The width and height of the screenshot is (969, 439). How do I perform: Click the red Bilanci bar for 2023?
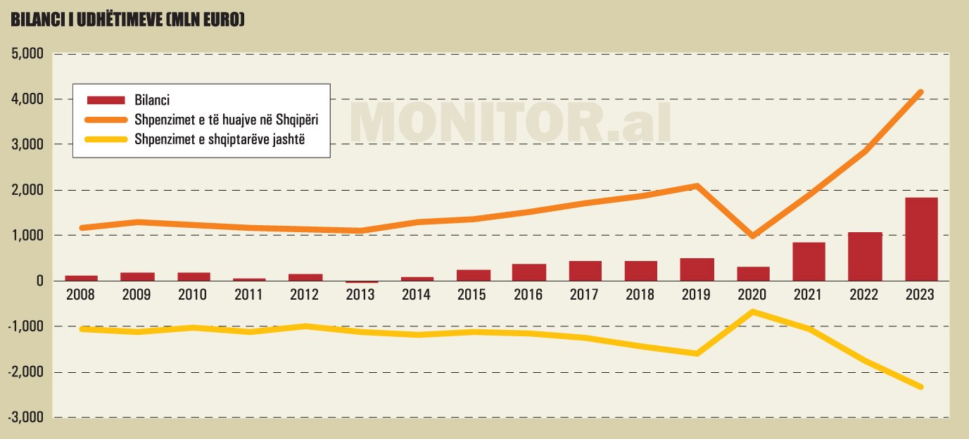pos(920,239)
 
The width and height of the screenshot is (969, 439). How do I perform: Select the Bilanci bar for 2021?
pos(809,262)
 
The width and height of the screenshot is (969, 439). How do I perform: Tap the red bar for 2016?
pos(529,272)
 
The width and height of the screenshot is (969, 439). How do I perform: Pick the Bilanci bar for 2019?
pos(697,269)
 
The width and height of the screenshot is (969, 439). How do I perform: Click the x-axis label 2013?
pos(361,295)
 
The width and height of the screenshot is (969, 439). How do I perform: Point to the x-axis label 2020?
pos(753,295)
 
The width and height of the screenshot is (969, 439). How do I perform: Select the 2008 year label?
pos(81,295)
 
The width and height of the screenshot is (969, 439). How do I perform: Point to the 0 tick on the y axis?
pos(39,281)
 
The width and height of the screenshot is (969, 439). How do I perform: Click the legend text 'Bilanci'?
pos(151,101)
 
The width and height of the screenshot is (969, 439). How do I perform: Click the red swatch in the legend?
pos(105,101)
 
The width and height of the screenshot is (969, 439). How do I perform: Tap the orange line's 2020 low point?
pos(753,236)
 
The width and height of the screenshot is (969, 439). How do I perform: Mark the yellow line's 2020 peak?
pos(753,312)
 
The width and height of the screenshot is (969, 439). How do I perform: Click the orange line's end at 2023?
pos(920,92)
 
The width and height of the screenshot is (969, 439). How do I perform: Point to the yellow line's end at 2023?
pos(920,387)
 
